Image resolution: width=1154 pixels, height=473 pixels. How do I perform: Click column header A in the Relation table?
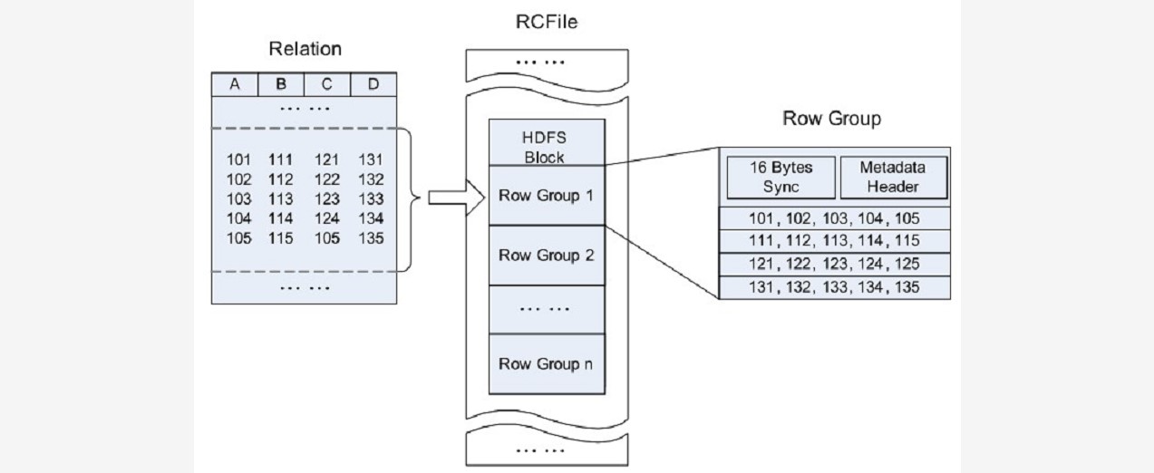pyautogui.click(x=235, y=84)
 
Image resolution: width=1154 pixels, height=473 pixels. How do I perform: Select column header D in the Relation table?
pyautogui.click(x=373, y=84)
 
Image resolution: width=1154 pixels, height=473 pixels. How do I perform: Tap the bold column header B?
pyautogui.click(x=281, y=84)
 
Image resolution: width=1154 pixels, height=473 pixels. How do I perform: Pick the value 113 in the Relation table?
pyautogui.click(x=281, y=198)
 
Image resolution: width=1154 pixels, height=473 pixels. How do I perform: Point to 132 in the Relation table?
pyautogui.click(x=371, y=179)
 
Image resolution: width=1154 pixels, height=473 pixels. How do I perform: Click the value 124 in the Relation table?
pyautogui.click(x=326, y=218)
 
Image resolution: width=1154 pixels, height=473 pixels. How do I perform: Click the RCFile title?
pyautogui.click(x=547, y=21)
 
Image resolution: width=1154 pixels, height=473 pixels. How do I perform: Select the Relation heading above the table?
pyautogui.click(x=305, y=49)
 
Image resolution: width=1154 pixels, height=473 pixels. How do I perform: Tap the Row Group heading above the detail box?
pyautogui.click(x=832, y=119)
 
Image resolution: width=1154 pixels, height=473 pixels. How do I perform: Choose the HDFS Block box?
pyautogui.click(x=546, y=144)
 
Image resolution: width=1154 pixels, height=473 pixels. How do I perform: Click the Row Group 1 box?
pyautogui.click(x=546, y=195)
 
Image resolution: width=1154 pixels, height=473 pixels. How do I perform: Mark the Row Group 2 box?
pyautogui.click(x=546, y=255)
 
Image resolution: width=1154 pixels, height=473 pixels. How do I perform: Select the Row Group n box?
pyautogui.click(x=546, y=363)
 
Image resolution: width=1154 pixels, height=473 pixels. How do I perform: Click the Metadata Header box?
pyautogui.click(x=894, y=177)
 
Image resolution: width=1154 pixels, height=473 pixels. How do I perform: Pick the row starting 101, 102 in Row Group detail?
pyautogui.click(x=834, y=218)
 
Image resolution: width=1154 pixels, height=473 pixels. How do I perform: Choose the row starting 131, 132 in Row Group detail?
pyautogui.click(x=834, y=287)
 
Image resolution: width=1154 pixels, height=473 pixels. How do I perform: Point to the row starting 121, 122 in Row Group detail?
pyautogui.click(x=834, y=264)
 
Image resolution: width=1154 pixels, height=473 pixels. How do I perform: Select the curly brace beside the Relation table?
pyautogui.click(x=412, y=198)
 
